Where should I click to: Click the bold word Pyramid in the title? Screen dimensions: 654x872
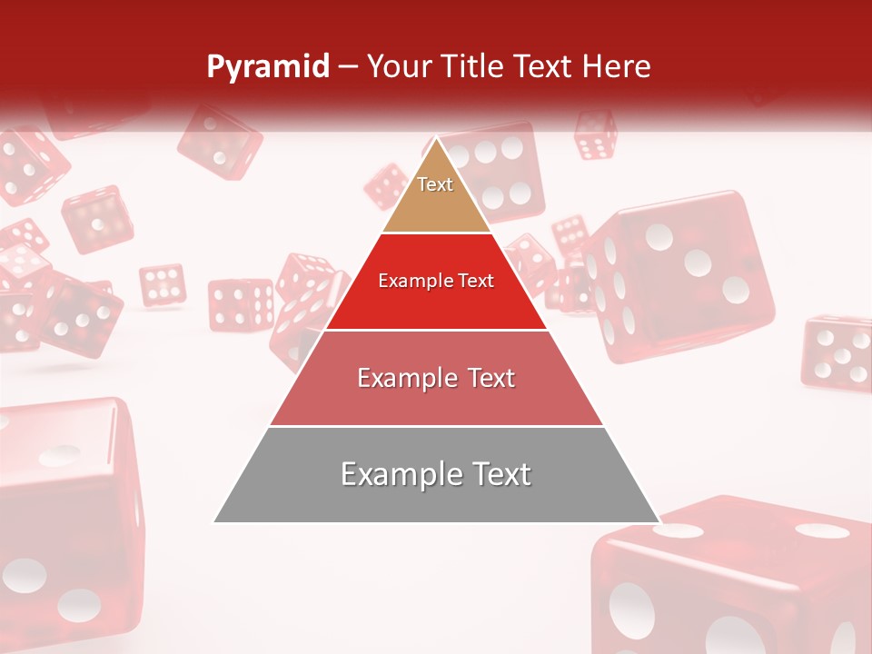click(268, 66)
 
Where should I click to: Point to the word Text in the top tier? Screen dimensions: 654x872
click(435, 184)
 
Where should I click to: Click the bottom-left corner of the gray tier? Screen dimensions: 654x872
click(216, 521)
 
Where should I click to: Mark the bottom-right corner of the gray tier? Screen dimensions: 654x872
click(658, 521)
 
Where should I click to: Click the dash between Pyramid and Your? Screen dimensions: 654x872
click(348, 67)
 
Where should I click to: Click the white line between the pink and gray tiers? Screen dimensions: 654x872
click(436, 426)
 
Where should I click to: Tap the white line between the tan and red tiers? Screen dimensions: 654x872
click(436, 233)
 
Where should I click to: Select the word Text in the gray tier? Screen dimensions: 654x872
click(500, 474)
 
